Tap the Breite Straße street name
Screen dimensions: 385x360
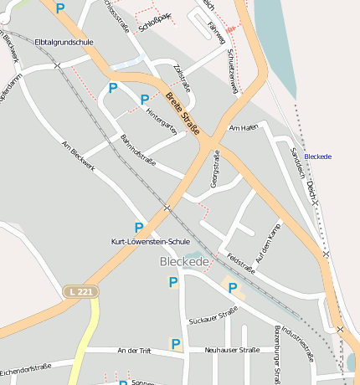pyautogui.click(x=183, y=114)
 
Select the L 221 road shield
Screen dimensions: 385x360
pyautogui.click(x=80, y=291)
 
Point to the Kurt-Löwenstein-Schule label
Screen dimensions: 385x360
pyautogui.click(x=151, y=241)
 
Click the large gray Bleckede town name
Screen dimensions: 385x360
pyautogui.click(x=183, y=262)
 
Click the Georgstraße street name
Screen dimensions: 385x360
pyautogui.click(x=215, y=168)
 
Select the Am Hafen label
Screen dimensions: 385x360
pyautogui.click(x=244, y=128)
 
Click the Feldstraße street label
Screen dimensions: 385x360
pyautogui.click(x=240, y=264)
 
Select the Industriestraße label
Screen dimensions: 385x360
pyautogui.click(x=297, y=344)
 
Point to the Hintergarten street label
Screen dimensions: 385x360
pyautogui.click(x=162, y=126)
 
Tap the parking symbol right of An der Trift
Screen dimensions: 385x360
pyautogui.click(x=176, y=344)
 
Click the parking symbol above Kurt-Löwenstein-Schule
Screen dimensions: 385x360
pyautogui.click(x=139, y=227)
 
